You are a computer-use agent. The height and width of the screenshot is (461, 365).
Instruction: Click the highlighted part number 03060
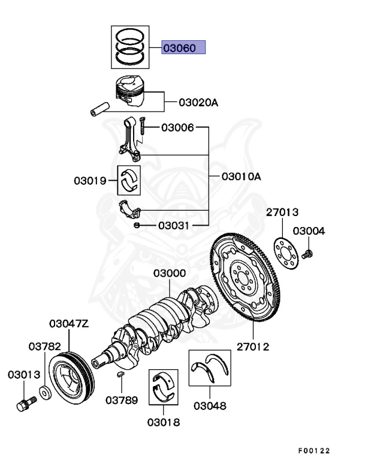pyautogui.click(x=183, y=48)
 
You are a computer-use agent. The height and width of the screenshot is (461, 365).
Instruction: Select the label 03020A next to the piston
pyautogui.click(x=198, y=103)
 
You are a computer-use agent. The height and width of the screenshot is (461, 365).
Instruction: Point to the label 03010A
pyautogui.click(x=241, y=176)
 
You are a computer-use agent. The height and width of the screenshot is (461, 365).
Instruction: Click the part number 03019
pyautogui.click(x=91, y=180)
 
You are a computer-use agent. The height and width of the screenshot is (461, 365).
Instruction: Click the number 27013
pyautogui.click(x=282, y=212)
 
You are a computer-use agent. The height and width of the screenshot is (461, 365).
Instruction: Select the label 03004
pyautogui.click(x=309, y=231)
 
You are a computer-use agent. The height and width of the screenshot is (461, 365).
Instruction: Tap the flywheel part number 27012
pyautogui.click(x=252, y=346)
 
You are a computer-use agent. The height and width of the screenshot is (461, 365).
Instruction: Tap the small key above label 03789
pyautogui.click(x=120, y=375)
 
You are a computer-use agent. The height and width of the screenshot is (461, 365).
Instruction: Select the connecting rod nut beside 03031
pyautogui.click(x=137, y=225)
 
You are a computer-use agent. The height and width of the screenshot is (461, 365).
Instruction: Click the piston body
pyautogui.click(x=132, y=91)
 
